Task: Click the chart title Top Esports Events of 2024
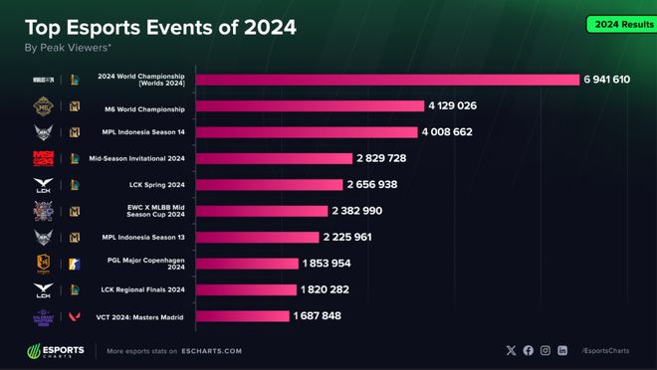160,27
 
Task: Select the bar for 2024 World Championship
387,80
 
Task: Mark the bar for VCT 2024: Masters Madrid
242,316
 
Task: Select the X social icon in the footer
512,351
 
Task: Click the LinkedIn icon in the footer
562,351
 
